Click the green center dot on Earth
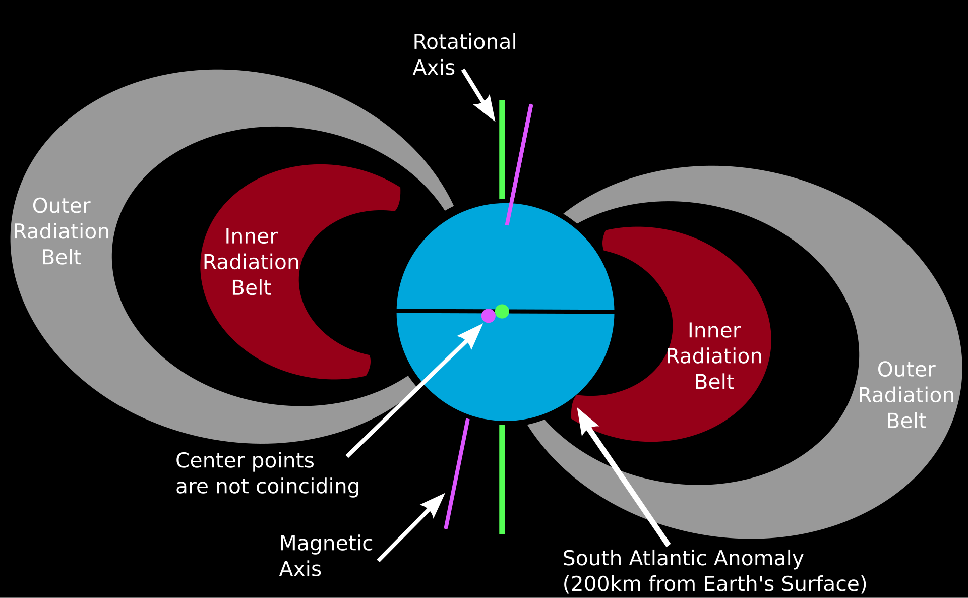point(502,311)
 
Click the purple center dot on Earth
point(488,316)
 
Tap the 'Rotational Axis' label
point(464,54)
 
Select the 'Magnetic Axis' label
point(326,556)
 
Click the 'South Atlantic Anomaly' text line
point(683,558)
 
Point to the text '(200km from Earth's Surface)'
point(714,584)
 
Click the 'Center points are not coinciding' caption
point(267,473)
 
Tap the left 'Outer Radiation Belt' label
point(61,231)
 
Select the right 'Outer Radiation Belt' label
point(906,395)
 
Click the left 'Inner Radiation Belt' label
point(251,262)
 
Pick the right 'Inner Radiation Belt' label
point(714,356)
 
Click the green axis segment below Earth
point(502,479)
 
